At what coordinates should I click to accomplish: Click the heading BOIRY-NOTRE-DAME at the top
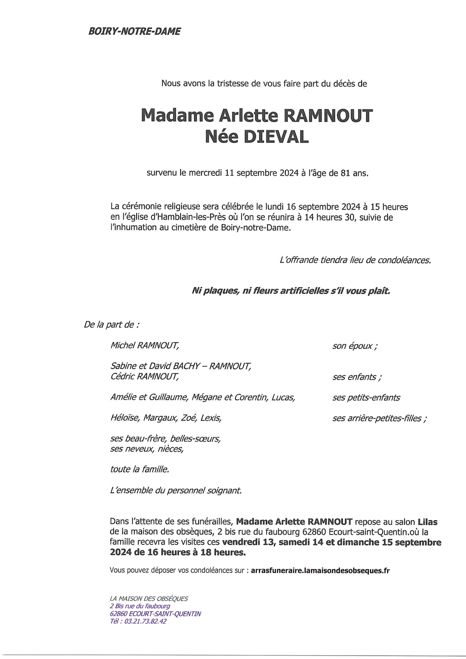coord(134,31)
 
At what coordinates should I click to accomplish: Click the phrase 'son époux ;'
coord(355,346)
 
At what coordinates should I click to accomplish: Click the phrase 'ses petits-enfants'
coord(366,398)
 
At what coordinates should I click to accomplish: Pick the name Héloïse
coord(125,418)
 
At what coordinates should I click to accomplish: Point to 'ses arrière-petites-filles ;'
coord(379,419)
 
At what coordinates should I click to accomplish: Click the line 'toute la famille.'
coord(139,469)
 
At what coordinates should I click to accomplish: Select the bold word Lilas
coord(427,522)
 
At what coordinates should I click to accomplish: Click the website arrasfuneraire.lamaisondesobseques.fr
coord(320,571)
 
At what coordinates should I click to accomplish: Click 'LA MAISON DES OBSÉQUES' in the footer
coord(149,599)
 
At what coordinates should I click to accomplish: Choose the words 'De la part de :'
coord(111,325)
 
